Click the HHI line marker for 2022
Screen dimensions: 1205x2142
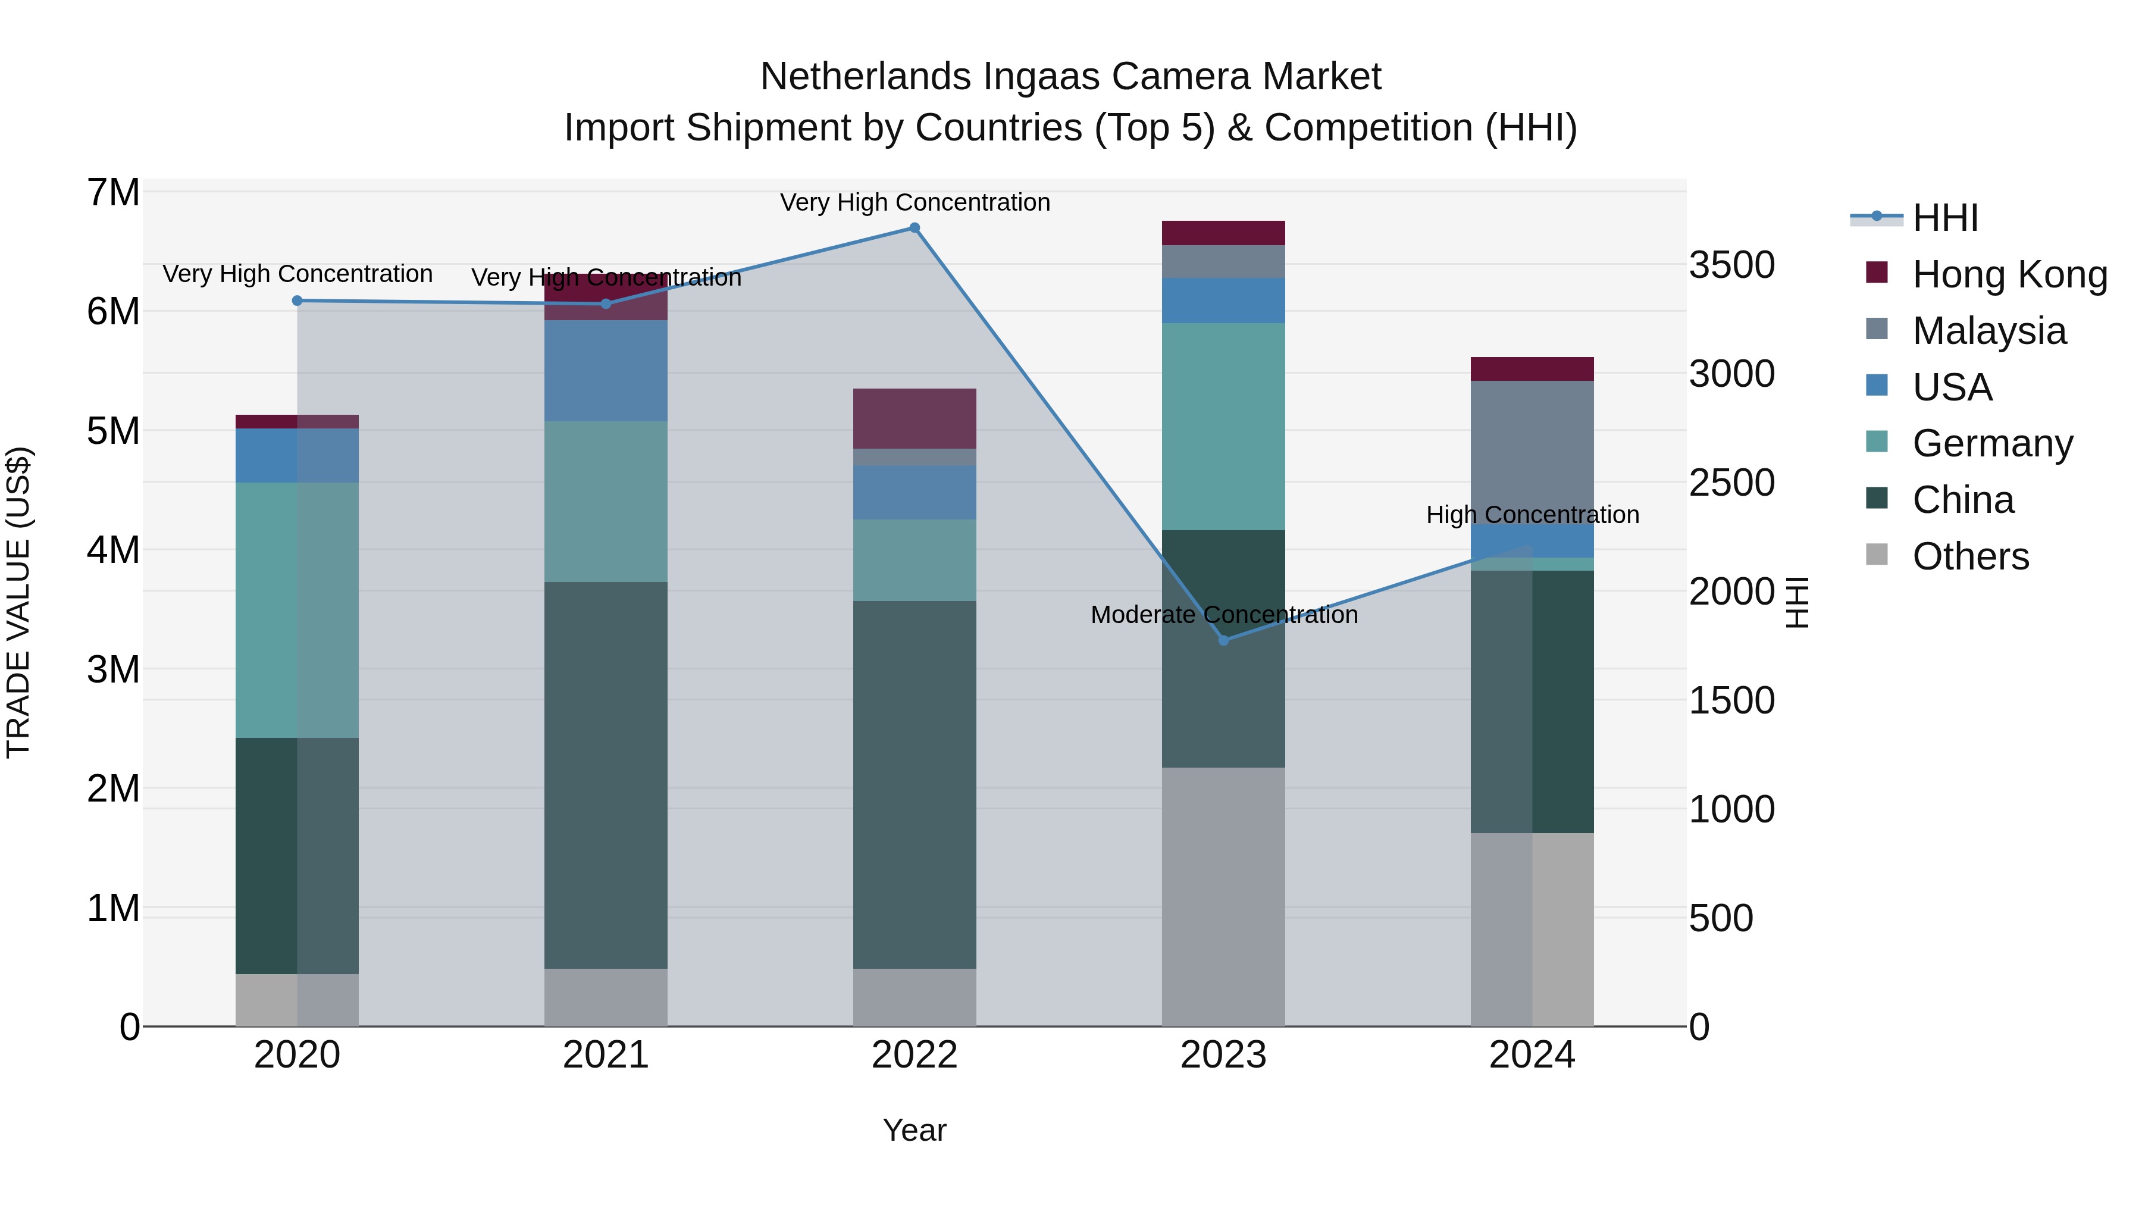[x=914, y=228]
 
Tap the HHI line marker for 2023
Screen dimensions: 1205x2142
[x=1223, y=640]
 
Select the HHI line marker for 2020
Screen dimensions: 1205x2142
[x=297, y=301]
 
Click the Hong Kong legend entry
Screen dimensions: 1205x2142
[x=2008, y=274]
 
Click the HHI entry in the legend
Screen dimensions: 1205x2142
[x=1944, y=218]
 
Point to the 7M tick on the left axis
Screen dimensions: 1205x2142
[x=114, y=193]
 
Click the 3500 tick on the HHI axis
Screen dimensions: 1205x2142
[x=1731, y=265]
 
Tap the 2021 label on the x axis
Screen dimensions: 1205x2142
[x=605, y=1055]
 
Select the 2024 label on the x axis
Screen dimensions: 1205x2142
[x=1532, y=1055]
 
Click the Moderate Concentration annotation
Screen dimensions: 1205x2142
[x=1224, y=615]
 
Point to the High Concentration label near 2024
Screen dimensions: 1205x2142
[x=1533, y=515]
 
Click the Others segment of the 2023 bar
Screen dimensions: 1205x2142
[x=1223, y=897]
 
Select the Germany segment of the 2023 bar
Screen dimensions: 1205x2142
[x=1223, y=426]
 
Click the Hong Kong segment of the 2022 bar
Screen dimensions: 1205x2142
[x=915, y=418]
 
